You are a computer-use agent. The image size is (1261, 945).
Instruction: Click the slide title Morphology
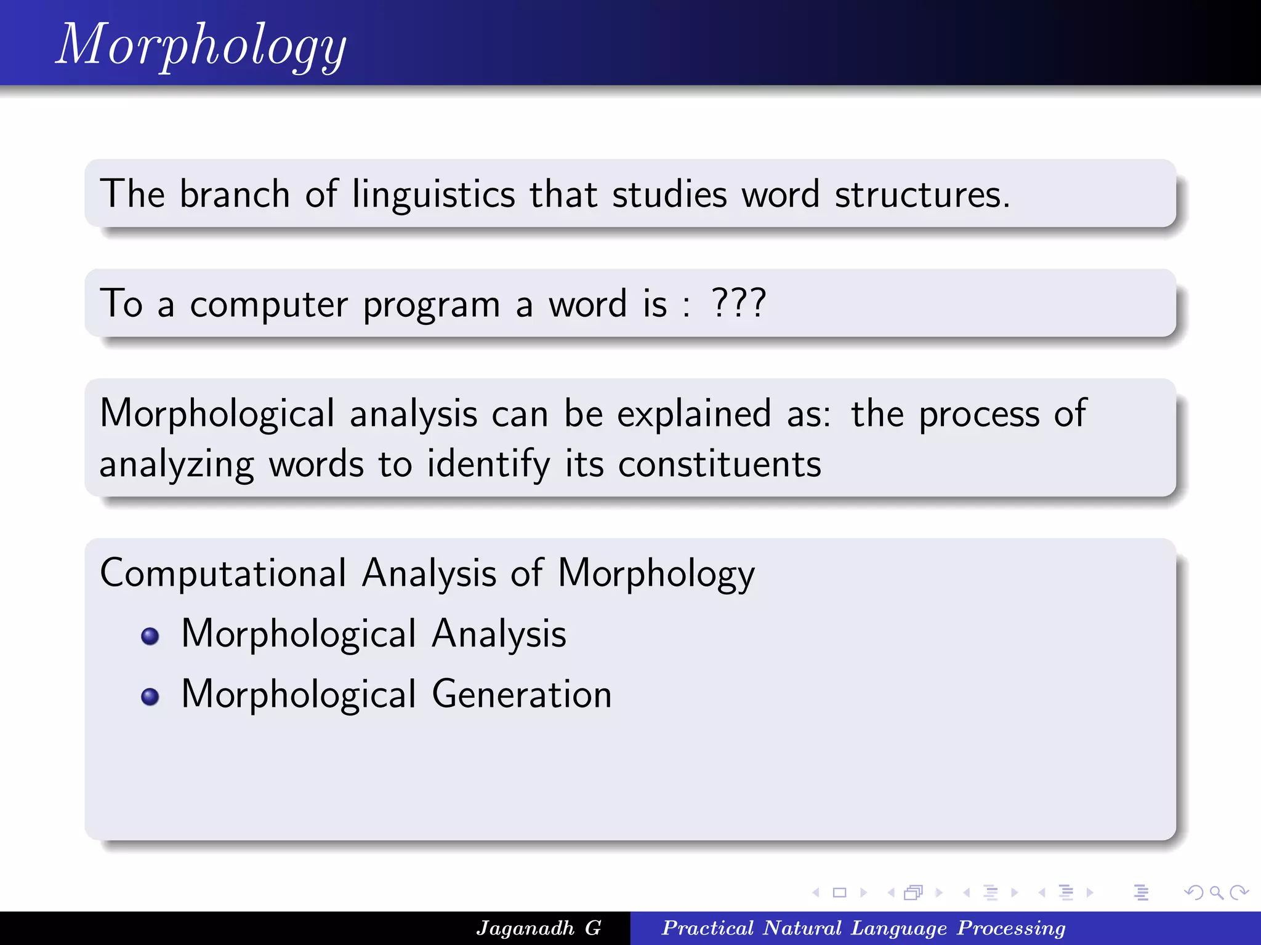pyautogui.click(x=201, y=44)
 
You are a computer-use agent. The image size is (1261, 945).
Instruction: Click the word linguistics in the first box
pyautogui.click(x=433, y=194)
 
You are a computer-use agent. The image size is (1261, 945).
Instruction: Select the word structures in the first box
pyautogui.click(x=921, y=194)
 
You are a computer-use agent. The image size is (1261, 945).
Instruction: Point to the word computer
pyautogui.click(x=268, y=305)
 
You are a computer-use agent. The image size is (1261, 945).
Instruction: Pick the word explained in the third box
pyautogui.click(x=693, y=413)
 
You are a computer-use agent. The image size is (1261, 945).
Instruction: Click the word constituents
pyautogui.click(x=719, y=464)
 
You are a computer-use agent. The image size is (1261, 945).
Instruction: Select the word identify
pyautogui.click(x=488, y=465)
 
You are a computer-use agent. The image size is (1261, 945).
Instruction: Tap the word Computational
pyautogui.click(x=223, y=573)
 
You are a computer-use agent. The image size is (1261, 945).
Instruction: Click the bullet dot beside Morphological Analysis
pyautogui.click(x=150, y=636)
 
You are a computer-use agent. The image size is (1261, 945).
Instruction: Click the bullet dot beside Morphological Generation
pyautogui.click(x=150, y=696)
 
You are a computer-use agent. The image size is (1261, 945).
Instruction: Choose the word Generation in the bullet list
pyautogui.click(x=522, y=695)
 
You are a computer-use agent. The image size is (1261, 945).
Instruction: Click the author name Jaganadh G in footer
pyautogui.click(x=538, y=928)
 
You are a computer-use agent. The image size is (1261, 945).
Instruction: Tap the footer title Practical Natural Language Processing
pyautogui.click(x=863, y=928)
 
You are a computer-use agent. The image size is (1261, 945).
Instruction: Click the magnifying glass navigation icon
pyautogui.click(x=1215, y=892)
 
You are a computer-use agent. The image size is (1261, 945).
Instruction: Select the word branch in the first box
pyautogui.click(x=235, y=194)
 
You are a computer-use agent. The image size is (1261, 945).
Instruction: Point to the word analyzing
pyautogui.click(x=177, y=465)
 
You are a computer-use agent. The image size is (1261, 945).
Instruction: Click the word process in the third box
pyautogui.click(x=979, y=415)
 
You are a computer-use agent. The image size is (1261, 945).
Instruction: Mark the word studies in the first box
pyautogui.click(x=669, y=194)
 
